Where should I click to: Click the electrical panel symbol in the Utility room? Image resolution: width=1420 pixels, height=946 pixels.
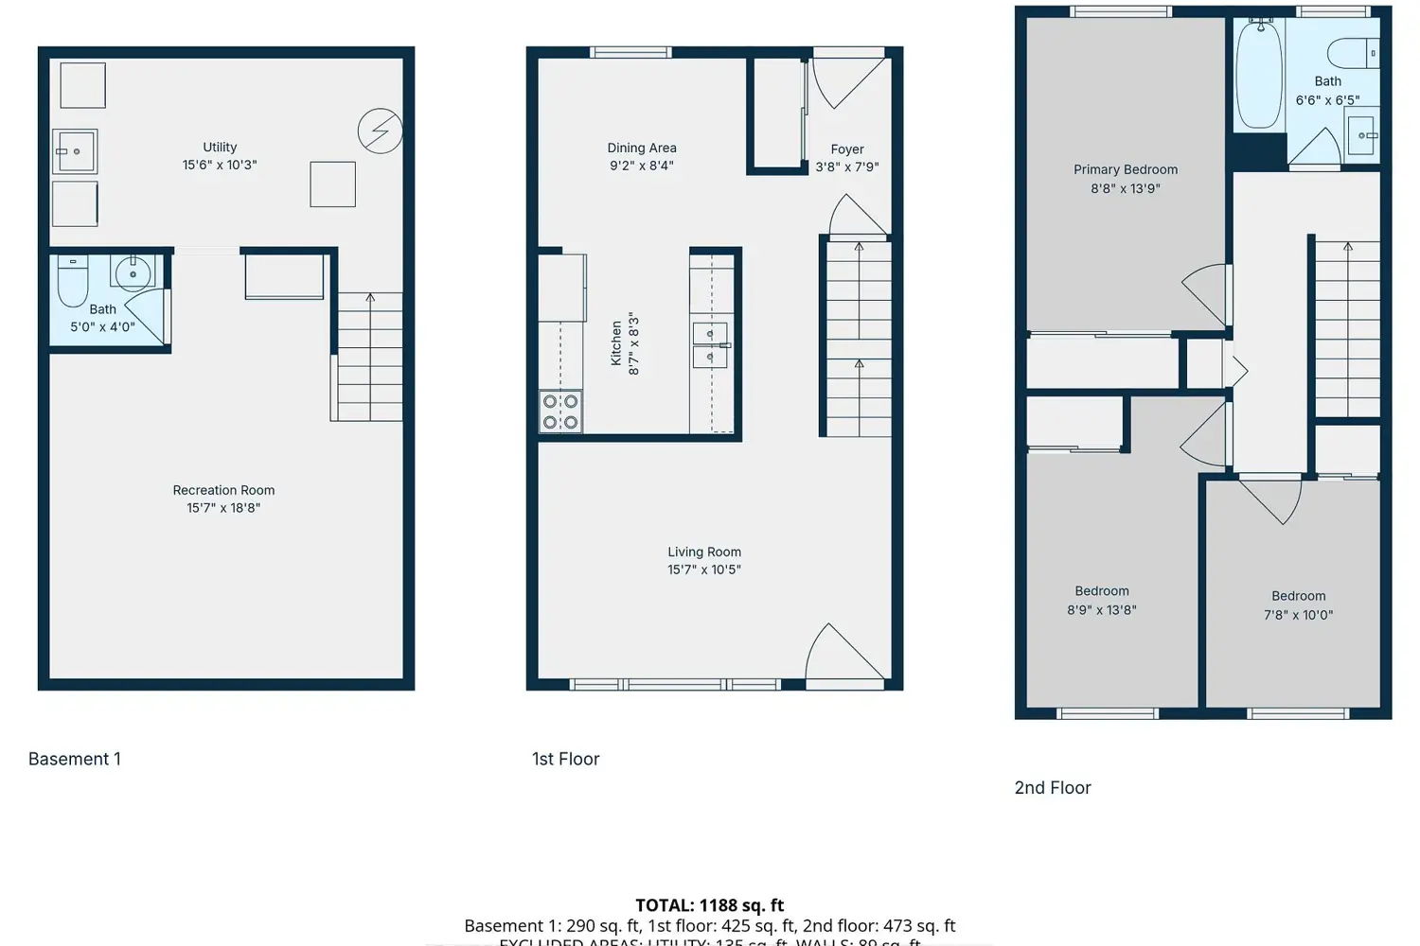tap(380, 131)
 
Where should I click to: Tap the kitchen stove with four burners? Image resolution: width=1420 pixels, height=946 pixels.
tap(560, 412)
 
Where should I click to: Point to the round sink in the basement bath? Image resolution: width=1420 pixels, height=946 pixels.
tap(133, 272)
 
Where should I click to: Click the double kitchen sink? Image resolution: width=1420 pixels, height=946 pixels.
tap(710, 344)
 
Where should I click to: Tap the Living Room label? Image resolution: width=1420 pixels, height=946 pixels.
tap(704, 552)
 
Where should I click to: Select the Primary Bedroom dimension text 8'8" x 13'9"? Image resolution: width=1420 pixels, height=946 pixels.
tap(1125, 188)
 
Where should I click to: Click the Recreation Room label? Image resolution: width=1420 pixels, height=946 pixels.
tap(223, 490)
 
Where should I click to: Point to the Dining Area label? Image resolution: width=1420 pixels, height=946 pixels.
tap(642, 148)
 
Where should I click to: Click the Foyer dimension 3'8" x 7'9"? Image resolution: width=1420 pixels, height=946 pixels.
tap(847, 166)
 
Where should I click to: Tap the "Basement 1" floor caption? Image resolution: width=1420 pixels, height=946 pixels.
tap(75, 759)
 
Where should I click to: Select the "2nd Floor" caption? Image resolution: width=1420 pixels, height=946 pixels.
tap(1053, 787)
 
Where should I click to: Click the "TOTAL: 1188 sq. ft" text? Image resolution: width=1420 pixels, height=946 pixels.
tap(709, 905)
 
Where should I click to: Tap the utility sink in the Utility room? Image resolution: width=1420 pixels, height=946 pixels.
tap(75, 151)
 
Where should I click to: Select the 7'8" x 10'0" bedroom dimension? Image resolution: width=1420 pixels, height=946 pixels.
tap(1298, 615)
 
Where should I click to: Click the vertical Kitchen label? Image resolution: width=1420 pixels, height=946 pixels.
tap(616, 342)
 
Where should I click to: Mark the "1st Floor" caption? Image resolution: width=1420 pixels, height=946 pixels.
tap(565, 759)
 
